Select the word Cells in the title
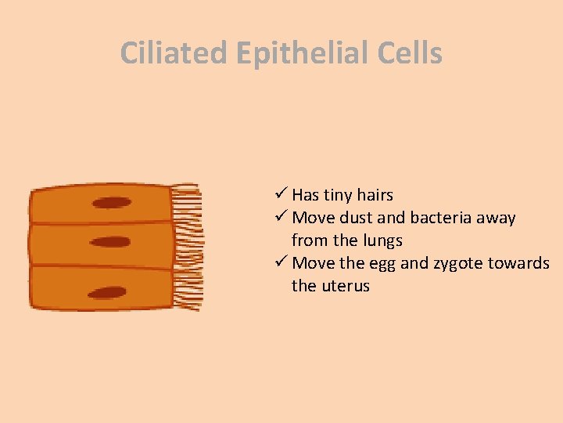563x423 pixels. pyautogui.click(x=404, y=53)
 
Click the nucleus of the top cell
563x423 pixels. pyautogui.click(x=112, y=203)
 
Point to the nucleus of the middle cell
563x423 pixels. pyautogui.click(x=110, y=242)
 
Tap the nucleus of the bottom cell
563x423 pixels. pyautogui.click(x=107, y=293)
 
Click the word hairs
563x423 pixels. pyautogui.click(x=375, y=195)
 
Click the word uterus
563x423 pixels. pyautogui.click(x=344, y=286)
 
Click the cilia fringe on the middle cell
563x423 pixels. pyautogui.click(x=188, y=244)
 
